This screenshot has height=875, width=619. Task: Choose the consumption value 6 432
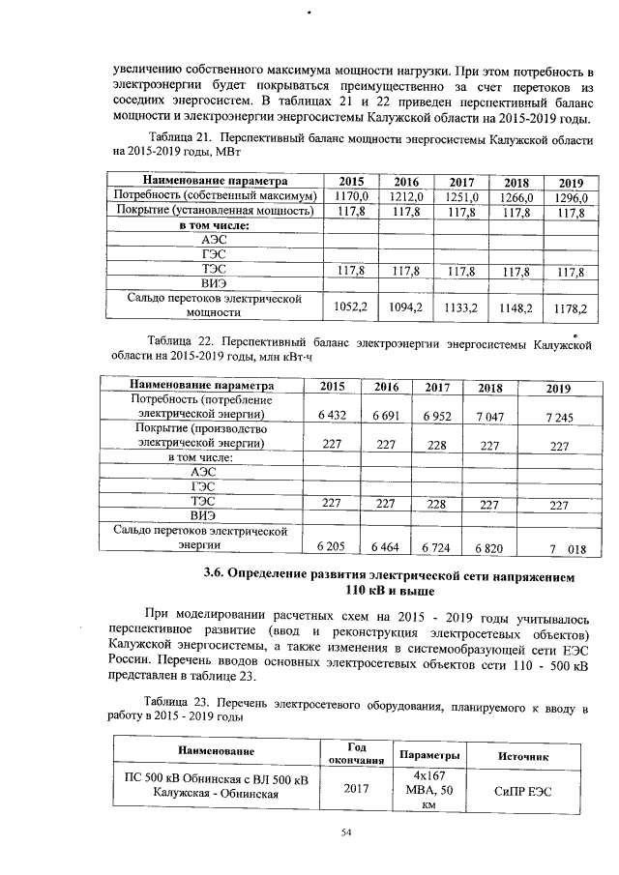pyautogui.click(x=332, y=415)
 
